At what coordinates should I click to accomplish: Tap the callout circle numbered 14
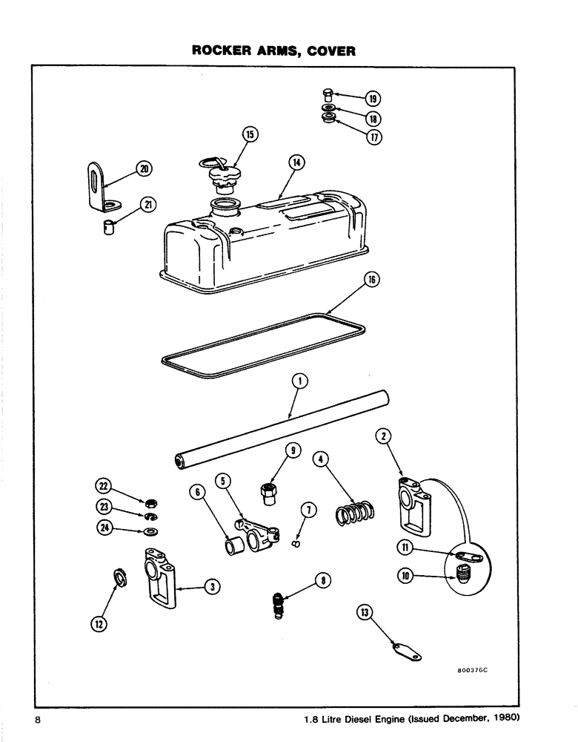click(297, 162)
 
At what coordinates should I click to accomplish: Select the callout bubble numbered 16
click(372, 280)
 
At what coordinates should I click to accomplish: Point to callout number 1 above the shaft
click(299, 381)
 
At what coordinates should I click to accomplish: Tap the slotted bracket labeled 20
click(96, 186)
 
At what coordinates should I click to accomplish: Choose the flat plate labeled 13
click(405, 651)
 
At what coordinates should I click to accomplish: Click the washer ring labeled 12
click(119, 576)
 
